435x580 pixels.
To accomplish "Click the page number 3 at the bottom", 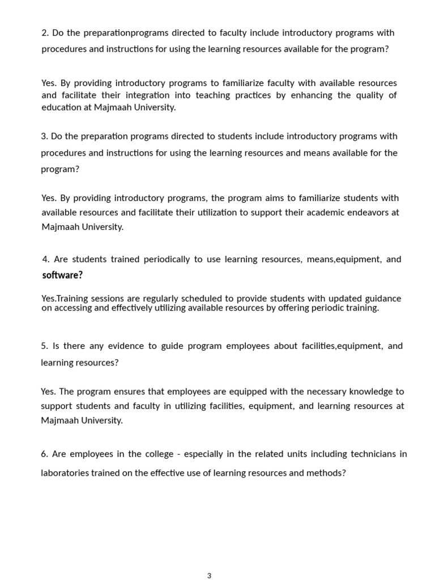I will (209, 575).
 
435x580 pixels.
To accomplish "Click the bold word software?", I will (62, 275).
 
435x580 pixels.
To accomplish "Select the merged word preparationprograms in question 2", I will (121, 33).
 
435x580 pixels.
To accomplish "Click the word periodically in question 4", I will (167, 259).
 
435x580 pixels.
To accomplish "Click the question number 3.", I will (44, 137).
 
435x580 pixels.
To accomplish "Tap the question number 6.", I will (44, 454).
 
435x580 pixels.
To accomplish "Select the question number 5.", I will (44, 346).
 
